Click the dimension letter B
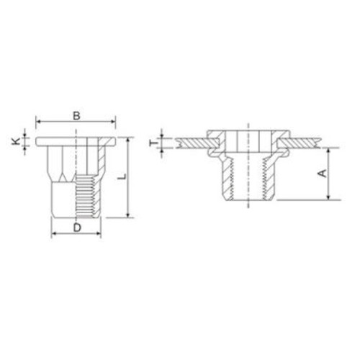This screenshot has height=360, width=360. (x=76, y=116)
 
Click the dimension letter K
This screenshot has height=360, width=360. (x=16, y=142)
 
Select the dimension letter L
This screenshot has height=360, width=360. (x=122, y=177)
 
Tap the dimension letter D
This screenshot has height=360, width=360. (x=77, y=228)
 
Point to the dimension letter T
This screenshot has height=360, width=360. (x=154, y=143)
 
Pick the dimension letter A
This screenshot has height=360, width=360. (x=323, y=174)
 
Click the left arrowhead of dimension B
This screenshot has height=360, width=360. (x=37, y=122)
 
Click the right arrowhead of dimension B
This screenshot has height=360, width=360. (x=114, y=122)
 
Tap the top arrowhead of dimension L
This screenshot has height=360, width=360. (x=128, y=140)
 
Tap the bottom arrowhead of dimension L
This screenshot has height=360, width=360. (x=128, y=215)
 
